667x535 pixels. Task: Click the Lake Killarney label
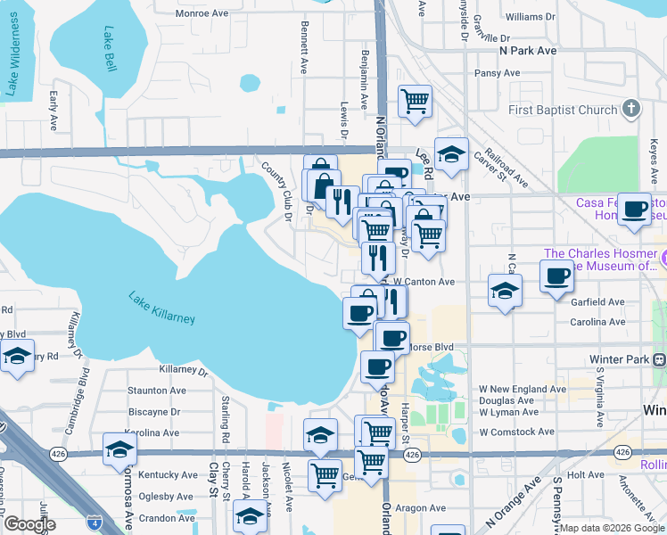pos(161,308)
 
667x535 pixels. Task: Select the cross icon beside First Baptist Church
pos(630,110)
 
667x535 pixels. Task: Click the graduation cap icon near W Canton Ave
pos(504,291)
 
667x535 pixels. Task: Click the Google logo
pos(29,523)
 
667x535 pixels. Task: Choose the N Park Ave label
pos(528,51)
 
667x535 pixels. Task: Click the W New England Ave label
pos(522,390)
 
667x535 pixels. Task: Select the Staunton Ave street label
pos(157,391)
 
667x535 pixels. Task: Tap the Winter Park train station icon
pos(660,359)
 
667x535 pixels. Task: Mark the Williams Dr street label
pos(530,17)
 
